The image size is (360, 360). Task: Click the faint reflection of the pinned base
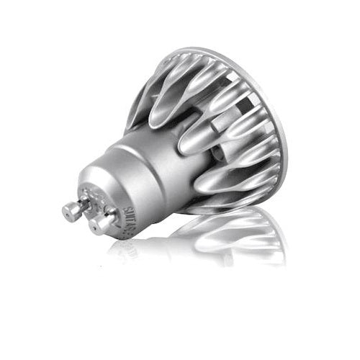click(x=130, y=248)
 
